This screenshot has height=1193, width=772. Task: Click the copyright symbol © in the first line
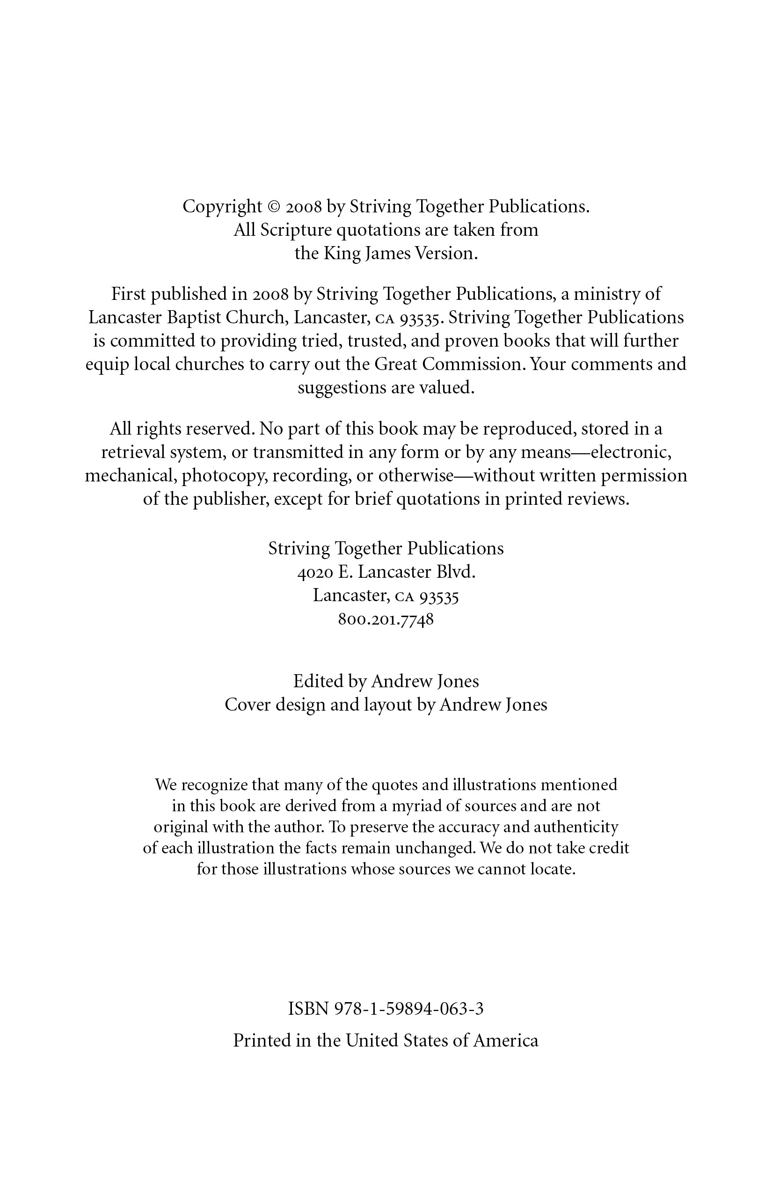(273, 207)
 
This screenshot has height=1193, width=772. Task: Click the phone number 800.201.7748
(386, 619)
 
